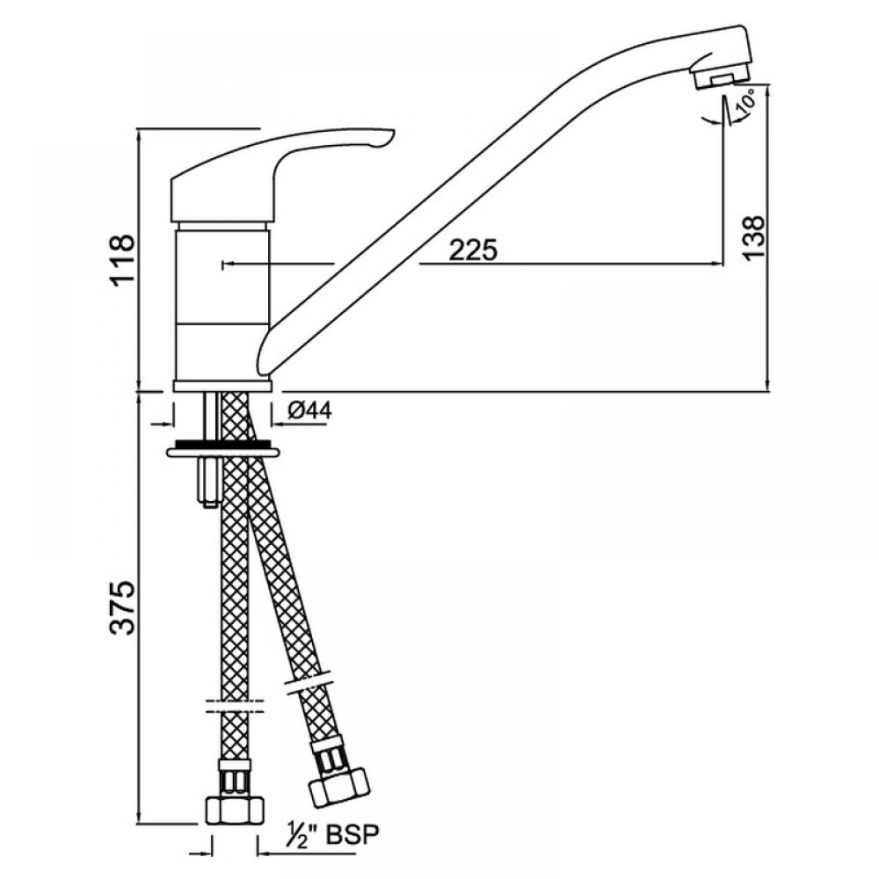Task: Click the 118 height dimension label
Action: coord(123,259)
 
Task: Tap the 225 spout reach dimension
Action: coord(473,250)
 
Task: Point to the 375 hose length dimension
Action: coord(123,607)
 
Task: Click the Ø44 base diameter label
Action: coord(310,410)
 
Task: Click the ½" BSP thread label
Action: coord(333,835)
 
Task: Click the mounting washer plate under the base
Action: coord(222,450)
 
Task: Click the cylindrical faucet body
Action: coord(222,301)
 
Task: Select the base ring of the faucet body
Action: coord(222,386)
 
